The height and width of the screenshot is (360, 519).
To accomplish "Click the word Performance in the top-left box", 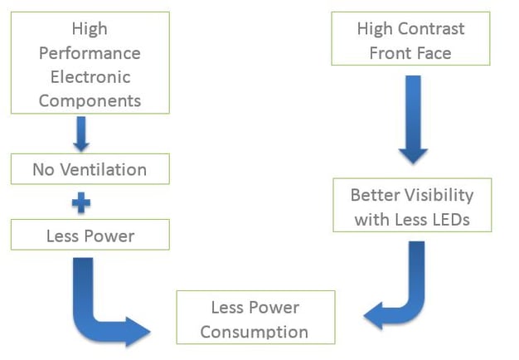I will tap(90, 53).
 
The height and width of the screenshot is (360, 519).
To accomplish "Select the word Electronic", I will tap(90, 77).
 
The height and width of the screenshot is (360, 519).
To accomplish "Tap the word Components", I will tap(90, 101).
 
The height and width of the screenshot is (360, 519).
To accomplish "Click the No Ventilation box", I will tap(90, 170).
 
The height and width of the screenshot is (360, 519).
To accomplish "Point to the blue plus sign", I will tap(81, 202).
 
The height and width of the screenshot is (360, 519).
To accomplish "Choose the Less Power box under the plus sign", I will tap(90, 236).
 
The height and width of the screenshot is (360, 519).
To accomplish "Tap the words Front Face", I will tap(410, 52).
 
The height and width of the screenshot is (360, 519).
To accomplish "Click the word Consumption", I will tap(255, 332).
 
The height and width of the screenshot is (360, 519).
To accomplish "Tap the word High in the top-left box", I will tap(90, 29).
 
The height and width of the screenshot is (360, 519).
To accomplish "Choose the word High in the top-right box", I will tap(375, 29).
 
